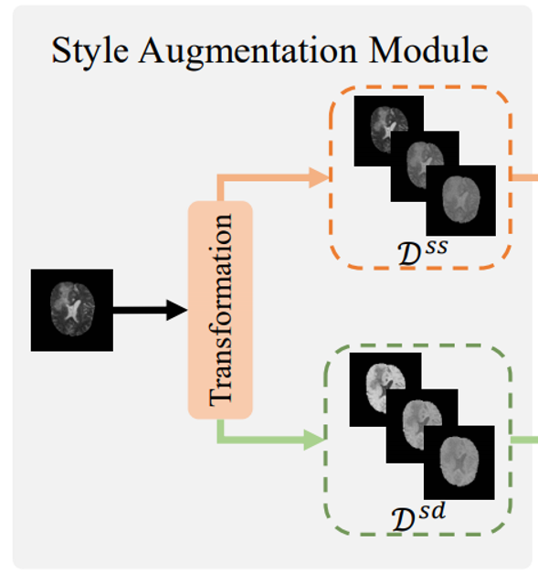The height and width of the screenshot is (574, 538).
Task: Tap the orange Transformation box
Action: (220, 310)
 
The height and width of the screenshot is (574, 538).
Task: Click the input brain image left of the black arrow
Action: (71, 310)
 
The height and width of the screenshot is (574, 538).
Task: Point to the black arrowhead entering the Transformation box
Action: (177, 311)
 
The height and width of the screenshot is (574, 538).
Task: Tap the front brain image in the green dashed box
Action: (460, 461)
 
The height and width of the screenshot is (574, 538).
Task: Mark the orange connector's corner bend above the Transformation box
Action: (220, 178)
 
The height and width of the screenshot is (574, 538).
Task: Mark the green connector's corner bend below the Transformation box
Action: (220, 439)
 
